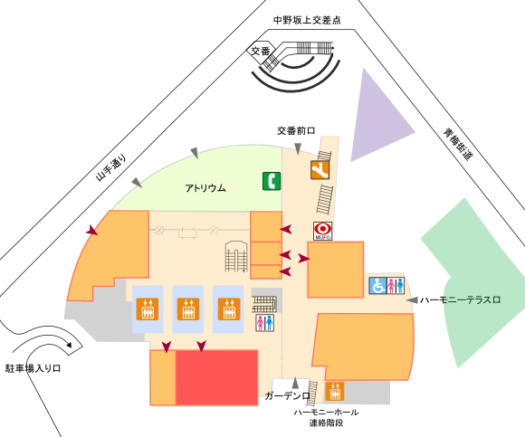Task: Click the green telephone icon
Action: tap(272, 181)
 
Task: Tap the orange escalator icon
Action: tap(320, 170)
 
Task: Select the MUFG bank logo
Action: tap(323, 231)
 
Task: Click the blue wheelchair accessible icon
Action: tap(377, 286)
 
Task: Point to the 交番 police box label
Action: tap(261, 52)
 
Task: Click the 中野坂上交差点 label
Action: tap(307, 21)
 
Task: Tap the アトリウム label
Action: tap(205, 188)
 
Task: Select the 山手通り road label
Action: tap(111, 167)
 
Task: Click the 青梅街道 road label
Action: tap(458, 144)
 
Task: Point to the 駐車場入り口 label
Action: tap(33, 369)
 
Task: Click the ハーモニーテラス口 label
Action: tap(460, 299)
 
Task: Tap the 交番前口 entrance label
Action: tap(296, 130)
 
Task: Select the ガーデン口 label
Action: tap(288, 396)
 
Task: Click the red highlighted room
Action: tap(217, 377)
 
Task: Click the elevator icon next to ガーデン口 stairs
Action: tap(335, 391)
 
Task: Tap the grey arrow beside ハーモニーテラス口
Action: tap(412, 299)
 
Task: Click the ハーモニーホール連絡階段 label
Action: tap(326, 417)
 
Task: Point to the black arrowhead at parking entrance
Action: tap(70, 345)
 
